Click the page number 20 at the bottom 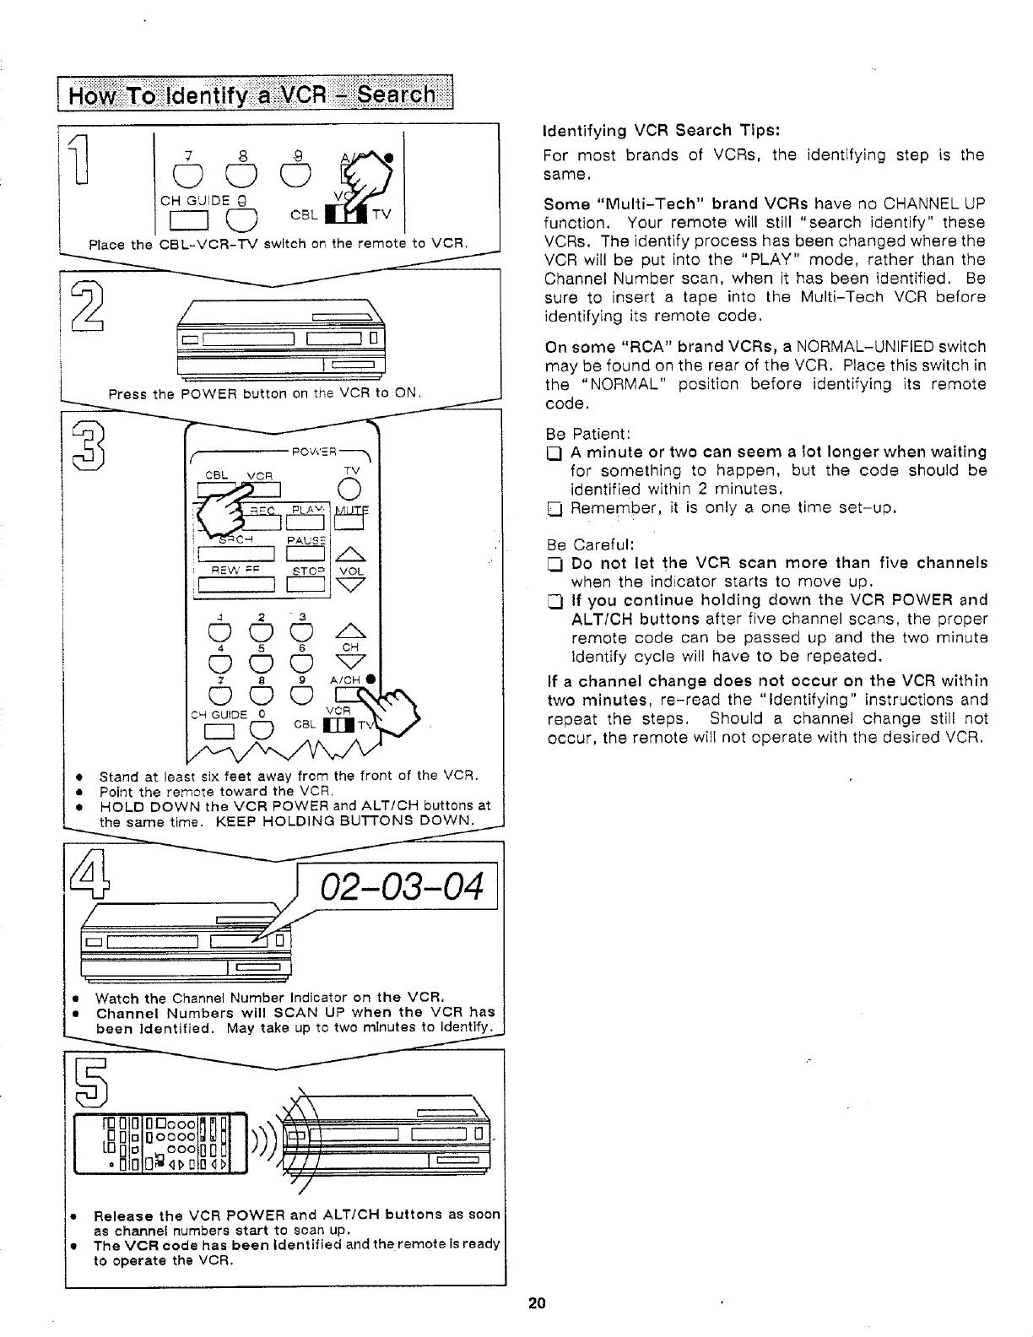coord(537,1302)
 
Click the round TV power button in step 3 coord(350,489)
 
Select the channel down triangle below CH coord(350,663)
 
